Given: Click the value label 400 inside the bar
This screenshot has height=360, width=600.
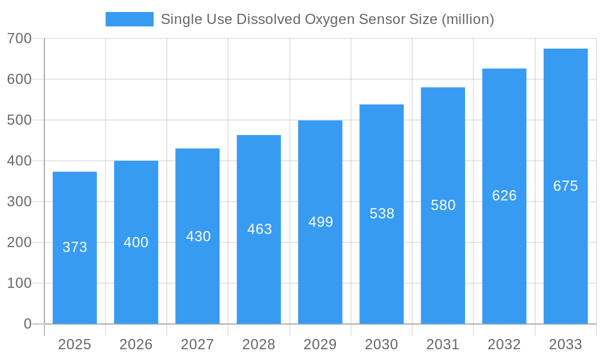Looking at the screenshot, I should (x=136, y=242).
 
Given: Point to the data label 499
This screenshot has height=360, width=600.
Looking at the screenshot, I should (x=320, y=222).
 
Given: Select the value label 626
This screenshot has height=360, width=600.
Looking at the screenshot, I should (x=504, y=196).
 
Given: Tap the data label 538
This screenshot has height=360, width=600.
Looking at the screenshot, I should (x=382, y=214).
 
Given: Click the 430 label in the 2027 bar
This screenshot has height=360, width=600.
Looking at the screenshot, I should (x=198, y=236).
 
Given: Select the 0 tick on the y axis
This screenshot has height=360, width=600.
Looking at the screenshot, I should (x=28, y=324).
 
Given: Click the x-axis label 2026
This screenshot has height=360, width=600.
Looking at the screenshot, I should (x=136, y=344).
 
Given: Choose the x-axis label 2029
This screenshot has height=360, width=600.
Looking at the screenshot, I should (x=320, y=344).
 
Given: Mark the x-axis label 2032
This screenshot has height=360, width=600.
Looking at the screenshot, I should (x=504, y=344).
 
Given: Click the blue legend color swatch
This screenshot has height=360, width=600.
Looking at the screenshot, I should (x=129, y=19).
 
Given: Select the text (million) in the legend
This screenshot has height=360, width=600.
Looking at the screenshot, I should (x=467, y=19).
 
